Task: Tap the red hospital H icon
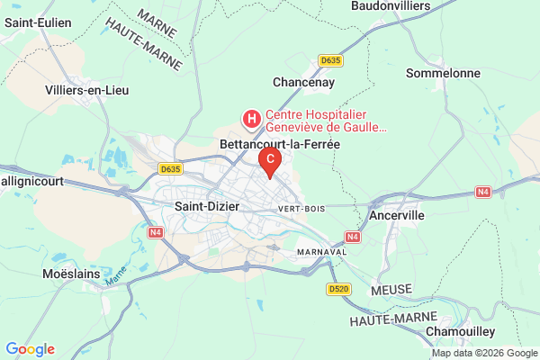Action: click(x=251, y=118)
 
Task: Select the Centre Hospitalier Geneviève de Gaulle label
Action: click(x=326, y=121)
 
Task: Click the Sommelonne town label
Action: click(x=444, y=73)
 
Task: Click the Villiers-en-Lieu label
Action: click(x=85, y=90)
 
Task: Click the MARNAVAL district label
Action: click(x=322, y=252)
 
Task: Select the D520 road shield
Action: click(x=338, y=289)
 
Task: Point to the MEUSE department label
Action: click(x=391, y=288)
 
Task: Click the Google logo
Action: click(x=30, y=349)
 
